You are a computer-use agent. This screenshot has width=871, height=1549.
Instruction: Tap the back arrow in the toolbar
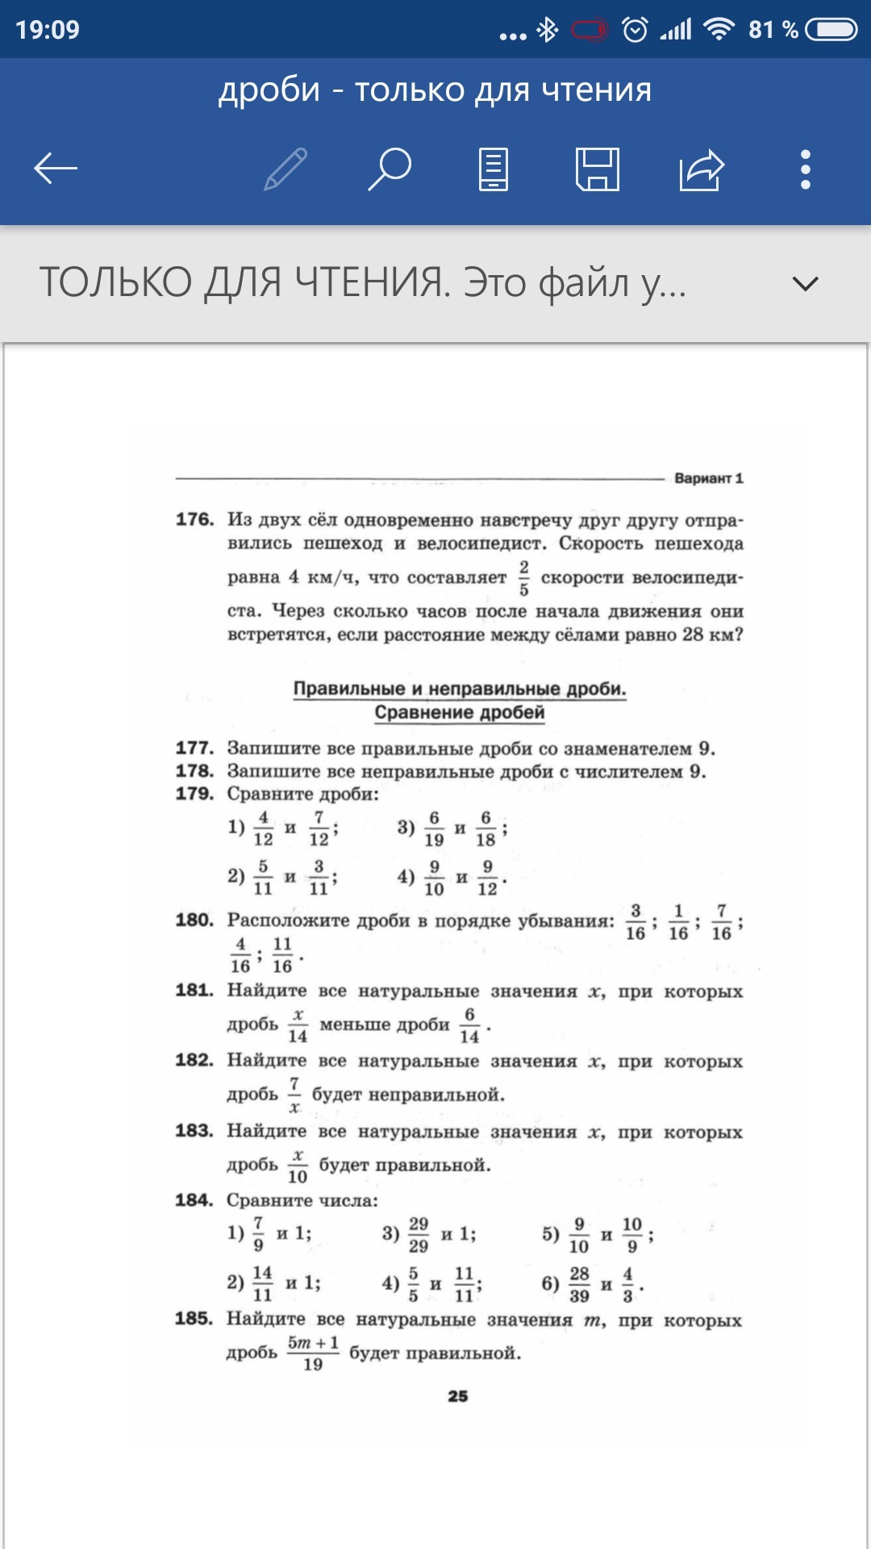[x=56, y=169]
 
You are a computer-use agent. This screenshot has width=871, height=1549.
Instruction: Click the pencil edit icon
[x=285, y=169]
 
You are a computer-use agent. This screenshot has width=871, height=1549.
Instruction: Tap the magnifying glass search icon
[x=390, y=169]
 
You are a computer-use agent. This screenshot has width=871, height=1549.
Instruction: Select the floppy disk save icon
[x=598, y=169]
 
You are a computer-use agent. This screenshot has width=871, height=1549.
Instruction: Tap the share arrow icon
[x=702, y=169]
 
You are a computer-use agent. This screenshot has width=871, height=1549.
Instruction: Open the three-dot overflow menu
[x=805, y=169]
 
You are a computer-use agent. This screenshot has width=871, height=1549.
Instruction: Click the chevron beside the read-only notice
[x=805, y=284]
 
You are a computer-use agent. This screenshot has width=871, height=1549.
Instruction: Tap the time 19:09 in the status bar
[x=48, y=30]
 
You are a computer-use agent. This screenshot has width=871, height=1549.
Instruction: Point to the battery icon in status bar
[x=831, y=30]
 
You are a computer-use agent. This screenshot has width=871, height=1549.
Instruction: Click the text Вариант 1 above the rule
[x=708, y=478]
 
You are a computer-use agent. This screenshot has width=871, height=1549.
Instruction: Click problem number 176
[x=194, y=520]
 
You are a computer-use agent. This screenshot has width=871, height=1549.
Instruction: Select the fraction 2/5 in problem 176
[x=524, y=578]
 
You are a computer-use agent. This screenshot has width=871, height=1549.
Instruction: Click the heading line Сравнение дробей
[x=460, y=712]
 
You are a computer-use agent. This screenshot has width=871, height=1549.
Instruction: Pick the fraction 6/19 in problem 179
[x=434, y=829]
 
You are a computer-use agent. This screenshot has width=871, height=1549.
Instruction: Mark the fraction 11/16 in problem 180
[x=282, y=954]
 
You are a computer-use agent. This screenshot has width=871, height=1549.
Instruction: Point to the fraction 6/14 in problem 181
[x=469, y=1025]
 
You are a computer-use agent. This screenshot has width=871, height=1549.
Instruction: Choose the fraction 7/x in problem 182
[x=294, y=1095]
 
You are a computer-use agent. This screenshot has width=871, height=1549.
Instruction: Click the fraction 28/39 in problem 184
[x=579, y=1284]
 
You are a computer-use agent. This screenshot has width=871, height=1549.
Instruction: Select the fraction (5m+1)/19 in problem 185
[x=313, y=1353]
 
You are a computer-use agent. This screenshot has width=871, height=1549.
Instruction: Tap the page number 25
[x=458, y=1397]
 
